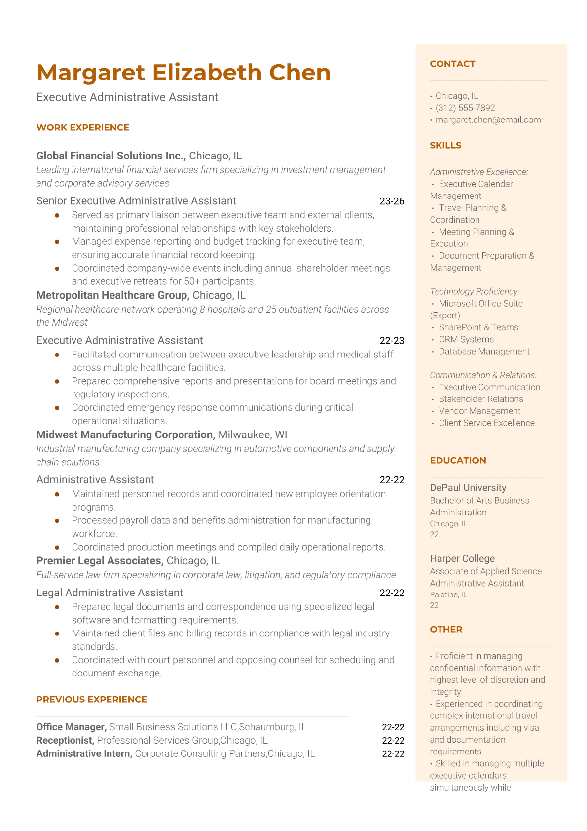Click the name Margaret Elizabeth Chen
coord(183,73)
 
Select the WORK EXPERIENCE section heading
coord(83,127)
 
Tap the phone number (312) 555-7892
coord(465,108)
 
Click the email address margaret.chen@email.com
coord(488,119)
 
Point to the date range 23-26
coord(392,201)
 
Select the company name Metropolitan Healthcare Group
coord(112,295)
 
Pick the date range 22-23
coord(392,340)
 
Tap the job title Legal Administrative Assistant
coord(110,593)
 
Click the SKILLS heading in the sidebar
coord(445,145)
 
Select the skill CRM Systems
coord(466,339)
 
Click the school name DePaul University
coord(468,488)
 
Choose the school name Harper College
coord(462,558)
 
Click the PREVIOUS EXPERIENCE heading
coord(92,699)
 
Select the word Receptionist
coord(65,740)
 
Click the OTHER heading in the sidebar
coord(446,629)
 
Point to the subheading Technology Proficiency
coord(474,291)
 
